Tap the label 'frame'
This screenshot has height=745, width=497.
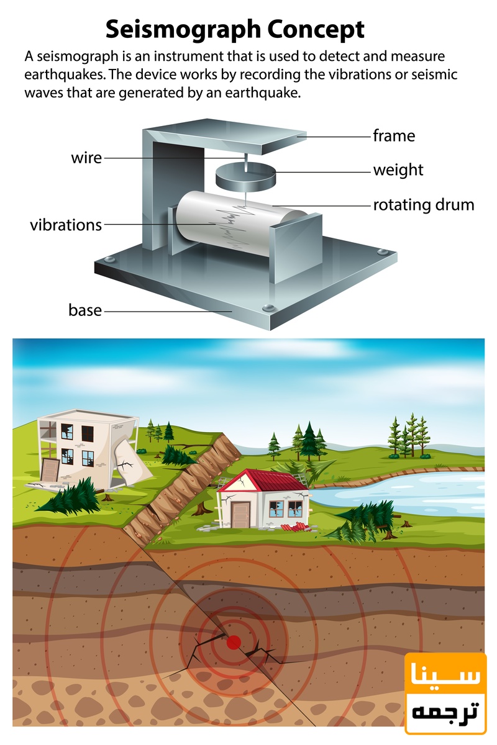pos(394,135)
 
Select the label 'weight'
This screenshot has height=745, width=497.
pos(398,169)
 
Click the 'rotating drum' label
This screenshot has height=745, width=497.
pos(423,204)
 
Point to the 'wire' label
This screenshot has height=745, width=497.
pos(86,158)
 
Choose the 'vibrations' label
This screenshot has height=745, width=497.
pos(66,224)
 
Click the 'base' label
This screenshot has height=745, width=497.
pos(85,309)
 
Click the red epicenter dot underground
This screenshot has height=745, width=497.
pos(234,642)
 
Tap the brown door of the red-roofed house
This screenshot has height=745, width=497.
pos(240,512)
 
